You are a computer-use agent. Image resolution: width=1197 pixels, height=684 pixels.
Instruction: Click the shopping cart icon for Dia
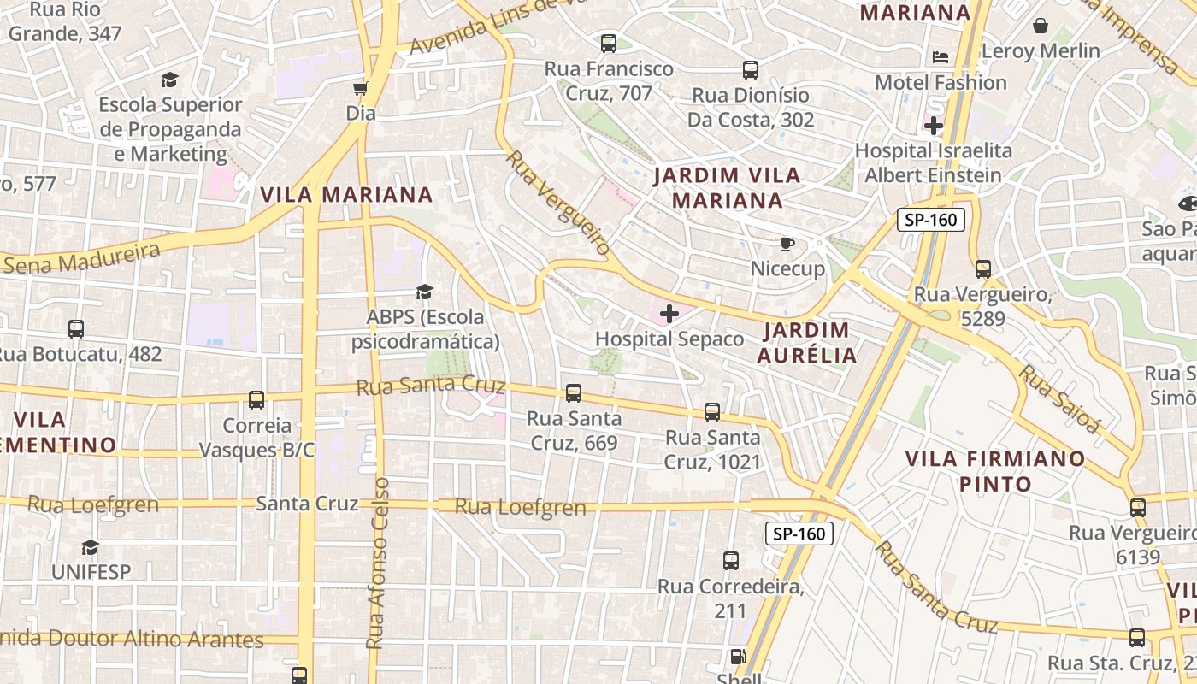click(x=360, y=88)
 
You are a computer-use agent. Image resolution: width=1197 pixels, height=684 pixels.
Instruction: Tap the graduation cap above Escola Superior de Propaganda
click(x=169, y=80)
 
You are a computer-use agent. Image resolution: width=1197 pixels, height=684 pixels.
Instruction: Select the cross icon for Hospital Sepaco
click(x=669, y=314)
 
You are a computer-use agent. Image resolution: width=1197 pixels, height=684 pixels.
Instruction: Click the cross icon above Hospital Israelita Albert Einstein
click(x=934, y=127)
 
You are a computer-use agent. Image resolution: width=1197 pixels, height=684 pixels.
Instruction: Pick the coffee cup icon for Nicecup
click(x=787, y=245)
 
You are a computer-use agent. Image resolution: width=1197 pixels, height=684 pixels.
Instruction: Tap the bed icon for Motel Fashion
click(x=940, y=57)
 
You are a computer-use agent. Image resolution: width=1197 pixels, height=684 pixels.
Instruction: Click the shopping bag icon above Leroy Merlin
click(x=1041, y=26)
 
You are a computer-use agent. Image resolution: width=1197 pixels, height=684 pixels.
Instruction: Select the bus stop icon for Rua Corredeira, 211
click(x=731, y=561)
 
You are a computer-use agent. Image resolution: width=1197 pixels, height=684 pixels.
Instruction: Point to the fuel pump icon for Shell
click(x=737, y=657)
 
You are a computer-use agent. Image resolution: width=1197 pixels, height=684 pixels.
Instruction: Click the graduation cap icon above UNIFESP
click(x=90, y=547)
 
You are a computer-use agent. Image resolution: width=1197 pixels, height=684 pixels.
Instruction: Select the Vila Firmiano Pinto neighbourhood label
click(x=995, y=471)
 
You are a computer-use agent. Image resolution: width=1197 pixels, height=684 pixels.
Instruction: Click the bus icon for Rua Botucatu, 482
click(x=76, y=328)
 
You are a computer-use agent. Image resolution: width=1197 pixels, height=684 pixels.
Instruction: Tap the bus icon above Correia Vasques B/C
click(x=256, y=399)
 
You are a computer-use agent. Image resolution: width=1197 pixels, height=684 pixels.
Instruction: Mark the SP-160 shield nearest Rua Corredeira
click(x=799, y=534)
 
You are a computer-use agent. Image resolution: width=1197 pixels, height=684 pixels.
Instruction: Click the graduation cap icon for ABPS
click(x=425, y=292)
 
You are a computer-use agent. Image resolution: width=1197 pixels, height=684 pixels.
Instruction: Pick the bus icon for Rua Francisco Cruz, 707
click(x=609, y=43)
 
